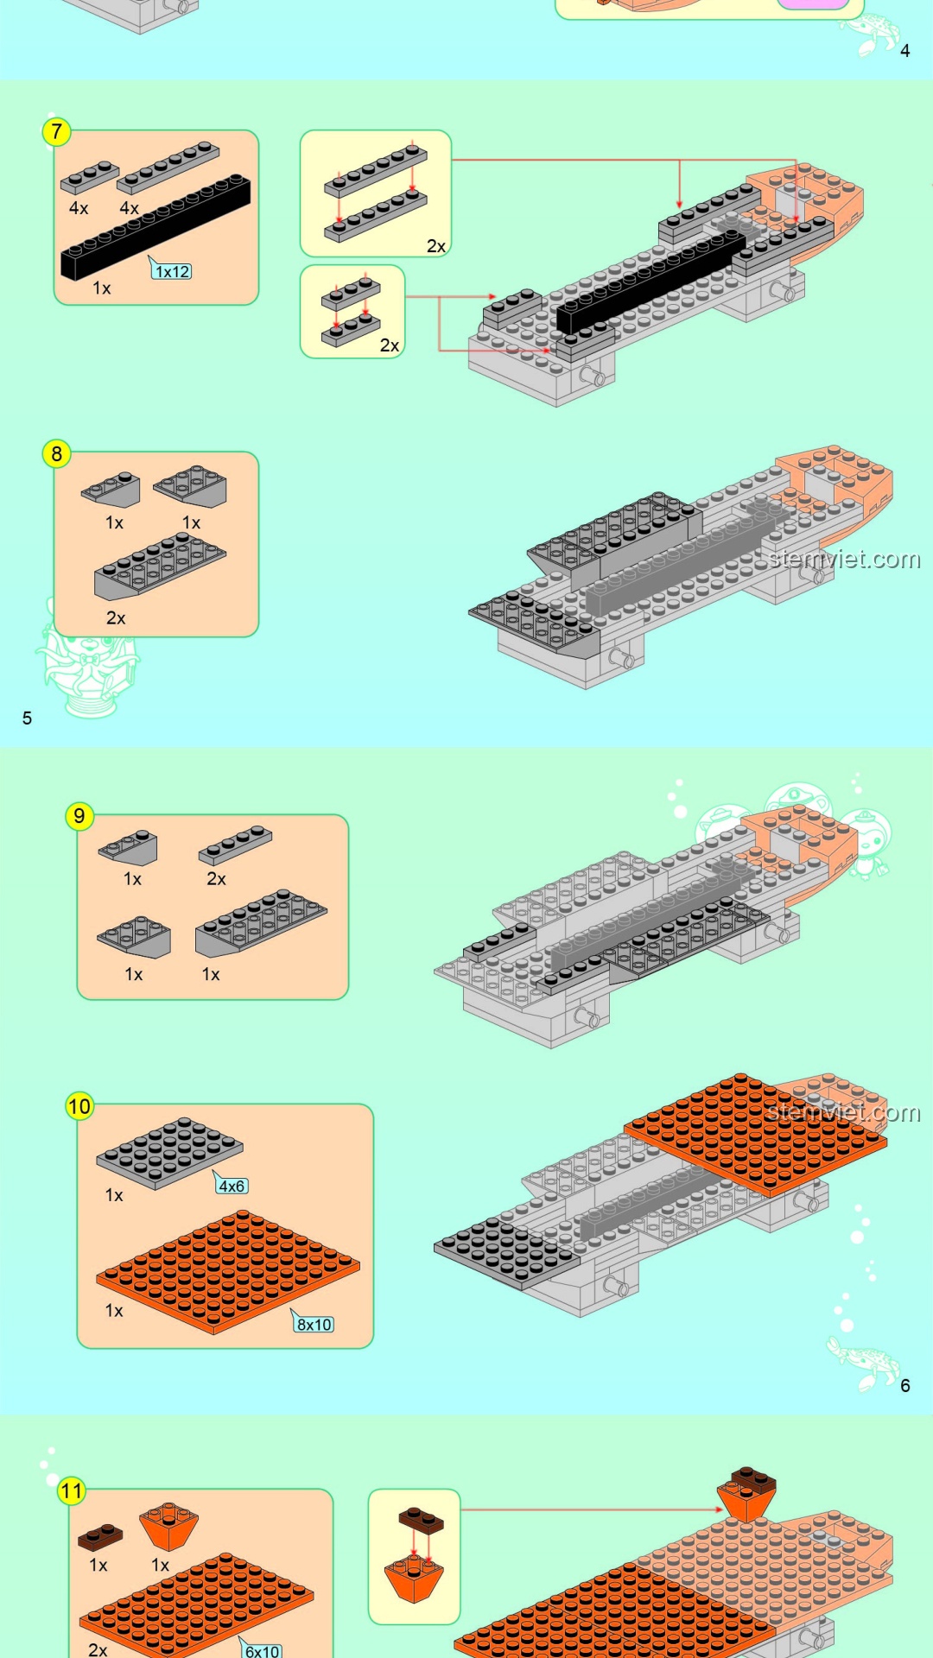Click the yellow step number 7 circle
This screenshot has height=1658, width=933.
tap(56, 132)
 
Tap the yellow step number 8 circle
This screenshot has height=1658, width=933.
tap(56, 454)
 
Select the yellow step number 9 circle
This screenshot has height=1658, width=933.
tap(79, 816)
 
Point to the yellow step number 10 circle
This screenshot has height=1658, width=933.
tap(79, 1106)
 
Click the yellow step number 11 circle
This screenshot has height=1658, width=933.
tap(72, 1490)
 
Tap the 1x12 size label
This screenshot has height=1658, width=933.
tap(172, 271)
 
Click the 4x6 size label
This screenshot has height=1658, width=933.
tap(232, 1186)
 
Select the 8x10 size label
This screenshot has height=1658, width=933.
tap(314, 1324)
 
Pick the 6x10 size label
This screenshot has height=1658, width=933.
tap(262, 1650)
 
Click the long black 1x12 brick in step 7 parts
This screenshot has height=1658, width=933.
tap(155, 226)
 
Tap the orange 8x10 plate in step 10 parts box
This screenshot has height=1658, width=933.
tap(228, 1271)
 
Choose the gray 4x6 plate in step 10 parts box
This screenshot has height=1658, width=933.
tap(169, 1153)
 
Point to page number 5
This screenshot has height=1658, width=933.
tap(27, 718)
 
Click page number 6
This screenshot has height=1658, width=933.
tap(904, 1386)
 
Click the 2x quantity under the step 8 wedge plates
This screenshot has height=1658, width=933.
tap(116, 618)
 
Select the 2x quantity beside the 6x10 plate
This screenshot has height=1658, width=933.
tap(98, 1649)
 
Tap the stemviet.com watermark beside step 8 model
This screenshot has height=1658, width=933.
tap(845, 560)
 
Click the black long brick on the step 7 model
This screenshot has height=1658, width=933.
tap(650, 281)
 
